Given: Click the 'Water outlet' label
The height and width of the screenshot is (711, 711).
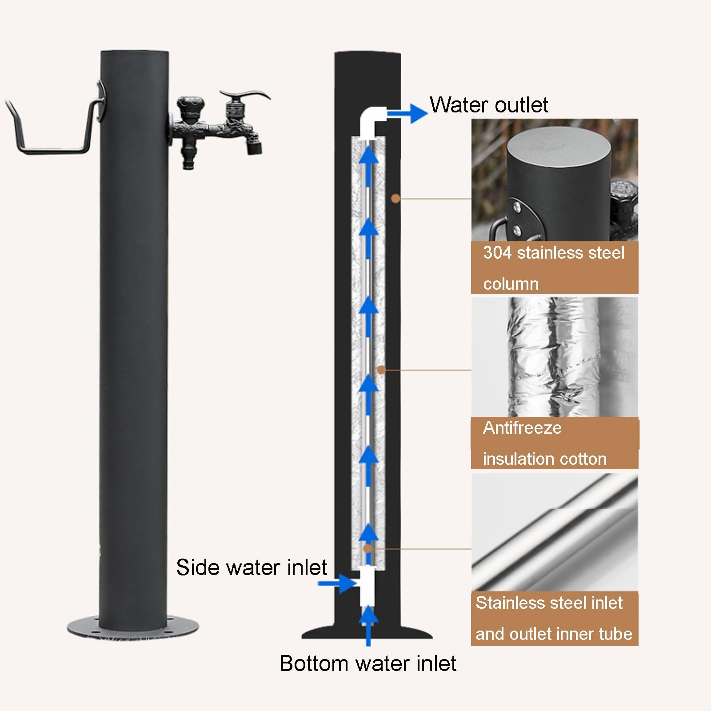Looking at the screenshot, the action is (x=489, y=105).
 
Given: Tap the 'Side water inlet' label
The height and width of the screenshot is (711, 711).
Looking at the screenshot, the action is (x=252, y=567).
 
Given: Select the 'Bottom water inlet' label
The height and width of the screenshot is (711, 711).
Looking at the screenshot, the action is (x=367, y=663).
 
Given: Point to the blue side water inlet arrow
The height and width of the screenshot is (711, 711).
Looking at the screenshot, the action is (x=338, y=583).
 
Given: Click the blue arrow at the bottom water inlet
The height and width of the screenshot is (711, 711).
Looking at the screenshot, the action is (x=368, y=624).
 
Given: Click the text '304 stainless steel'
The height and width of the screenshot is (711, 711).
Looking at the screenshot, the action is (x=554, y=253).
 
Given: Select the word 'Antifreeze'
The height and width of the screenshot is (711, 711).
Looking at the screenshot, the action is (x=522, y=428).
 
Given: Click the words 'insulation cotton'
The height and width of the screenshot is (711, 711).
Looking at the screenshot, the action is (x=545, y=459).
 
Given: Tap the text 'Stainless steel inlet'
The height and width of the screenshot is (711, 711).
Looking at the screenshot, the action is (x=549, y=603).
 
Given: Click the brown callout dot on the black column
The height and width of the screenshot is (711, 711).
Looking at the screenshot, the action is (x=395, y=199).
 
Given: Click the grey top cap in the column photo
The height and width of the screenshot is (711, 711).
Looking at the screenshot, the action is (x=555, y=151).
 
